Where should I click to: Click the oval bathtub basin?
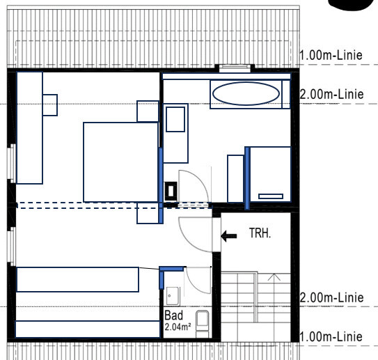pyautogui.click(x=246, y=93)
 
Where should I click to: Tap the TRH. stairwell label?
pyautogui.click(x=260, y=233)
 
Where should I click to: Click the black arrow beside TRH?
pyautogui.click(x=229, y=236)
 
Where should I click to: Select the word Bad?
pyautogui.click(x=173, y=315)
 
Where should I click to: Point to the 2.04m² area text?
pyautogui.click(x=178, y=327)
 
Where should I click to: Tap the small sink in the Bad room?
pyautogui.click(x=173, y=296)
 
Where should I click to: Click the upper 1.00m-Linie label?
pyautogui.click(x=331, y=56)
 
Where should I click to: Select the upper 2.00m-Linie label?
pyautogui.click(x=332, y=94)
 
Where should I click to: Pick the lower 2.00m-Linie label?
pyautogui.click(x=332, y=298)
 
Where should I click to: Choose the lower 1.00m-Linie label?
pyautogui.click(x=331, y=336)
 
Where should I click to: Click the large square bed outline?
pyautogui.click(x=120, y=162)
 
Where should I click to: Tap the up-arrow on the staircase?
pyautogui.click(x=274, y=277)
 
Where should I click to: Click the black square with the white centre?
pyautogui.click(x=171, y=191)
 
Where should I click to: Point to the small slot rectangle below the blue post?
pyautogui.click(x=271, y=196)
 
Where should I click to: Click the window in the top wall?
pyautogui.click(x=235, y=68)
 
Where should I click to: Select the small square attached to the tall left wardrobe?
pyautogui.click(x=50, y=105)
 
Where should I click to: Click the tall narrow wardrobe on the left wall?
pyautogui.click(x=30, y=128)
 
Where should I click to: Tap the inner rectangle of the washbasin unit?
pyautogui.click(x=175, y=119)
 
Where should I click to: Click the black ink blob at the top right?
pyautogui.click(x=352, y=4)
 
